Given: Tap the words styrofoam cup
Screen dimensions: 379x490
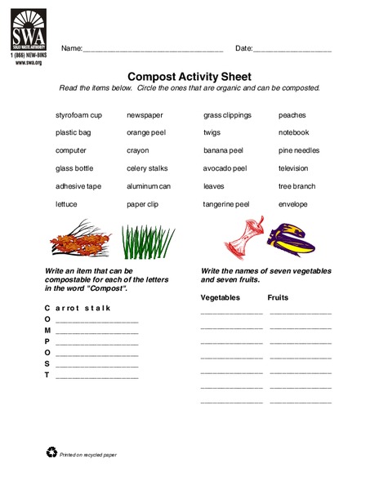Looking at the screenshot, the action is coord(78,115).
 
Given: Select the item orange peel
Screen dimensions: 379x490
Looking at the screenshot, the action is coord(145,133).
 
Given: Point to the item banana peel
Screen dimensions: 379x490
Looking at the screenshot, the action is coord(222,150).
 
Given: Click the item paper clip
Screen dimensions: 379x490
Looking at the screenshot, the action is coord(143,204).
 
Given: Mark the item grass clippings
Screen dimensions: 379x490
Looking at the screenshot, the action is coord(227,115).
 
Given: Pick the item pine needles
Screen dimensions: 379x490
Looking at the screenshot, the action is coord(299,150).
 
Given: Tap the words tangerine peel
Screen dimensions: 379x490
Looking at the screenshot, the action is coord(226,204).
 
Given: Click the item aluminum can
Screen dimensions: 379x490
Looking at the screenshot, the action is coord(149,186).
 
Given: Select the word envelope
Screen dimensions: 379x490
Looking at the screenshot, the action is coord(293,204).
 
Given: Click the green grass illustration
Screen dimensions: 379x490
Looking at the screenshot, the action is coord(148,241).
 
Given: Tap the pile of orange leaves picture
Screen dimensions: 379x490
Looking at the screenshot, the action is coord(79,239).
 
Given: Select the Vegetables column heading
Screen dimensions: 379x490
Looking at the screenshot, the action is coord(221,298).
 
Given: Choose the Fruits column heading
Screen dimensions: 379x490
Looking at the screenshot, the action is coord(279,298).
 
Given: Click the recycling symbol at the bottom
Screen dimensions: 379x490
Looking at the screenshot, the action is coord(52,452).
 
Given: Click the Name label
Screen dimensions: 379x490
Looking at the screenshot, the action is coord(72,49).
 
